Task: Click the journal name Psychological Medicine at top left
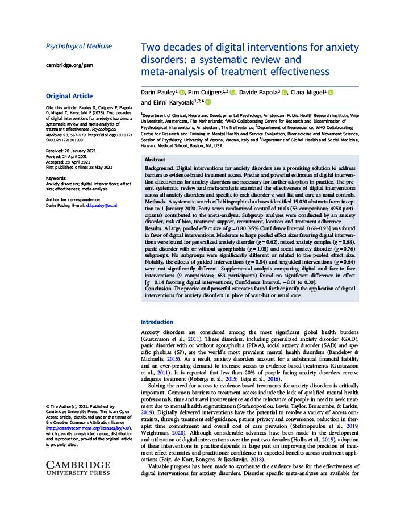click(78, 46)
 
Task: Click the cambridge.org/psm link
click(69, 65)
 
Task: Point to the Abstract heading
click(155, 160)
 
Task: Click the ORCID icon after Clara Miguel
click(331, 93)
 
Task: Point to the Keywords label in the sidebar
click(57, 178)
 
